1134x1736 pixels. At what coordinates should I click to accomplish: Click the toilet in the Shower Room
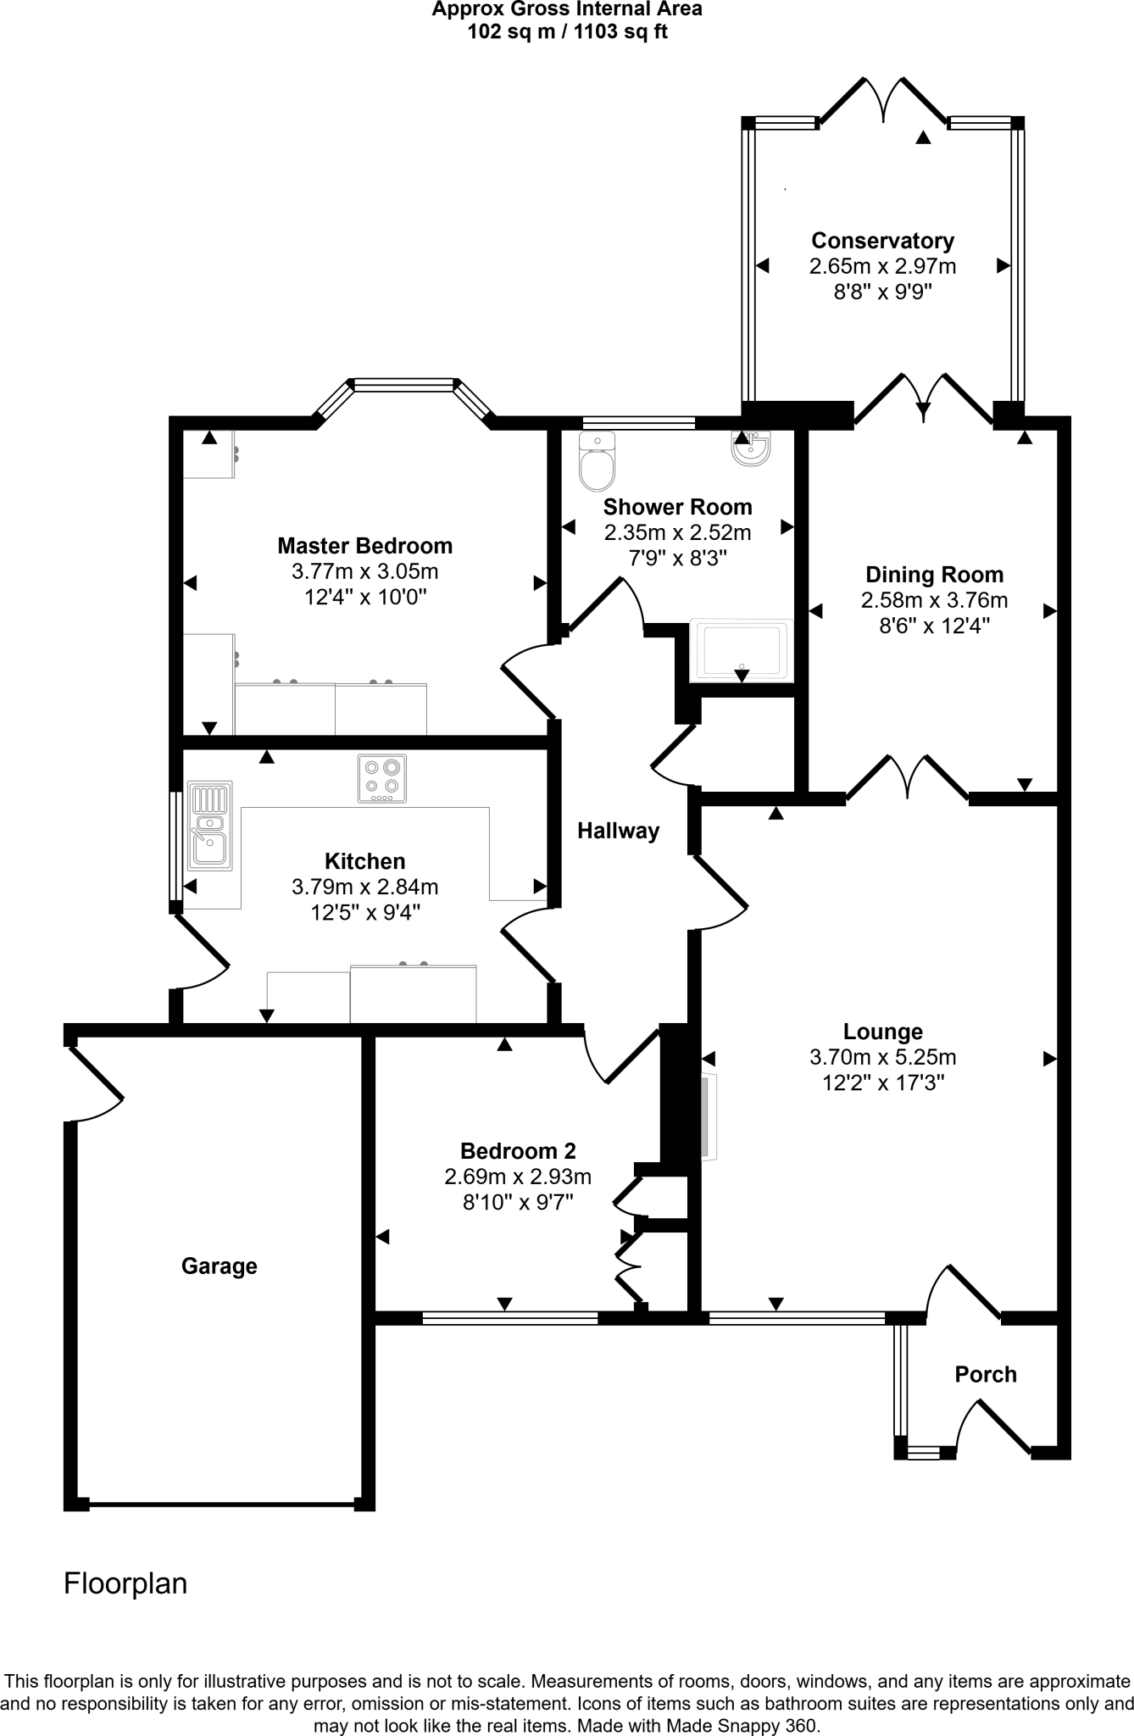(597, 462)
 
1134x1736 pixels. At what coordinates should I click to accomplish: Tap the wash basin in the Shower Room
(751, 449)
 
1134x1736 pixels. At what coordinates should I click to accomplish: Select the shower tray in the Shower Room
(742, 651)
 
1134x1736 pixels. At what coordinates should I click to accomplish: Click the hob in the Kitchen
(382, 778)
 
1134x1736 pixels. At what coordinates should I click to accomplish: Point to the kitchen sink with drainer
(209, 825)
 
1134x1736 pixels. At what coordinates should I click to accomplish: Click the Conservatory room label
(882, 241)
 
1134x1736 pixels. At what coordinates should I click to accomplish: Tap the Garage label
(219, 1266)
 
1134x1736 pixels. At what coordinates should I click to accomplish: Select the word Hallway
(618, 831)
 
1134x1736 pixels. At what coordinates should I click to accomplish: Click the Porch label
(985, 1374)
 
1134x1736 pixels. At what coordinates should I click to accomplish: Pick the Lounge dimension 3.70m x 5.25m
(882, 1057)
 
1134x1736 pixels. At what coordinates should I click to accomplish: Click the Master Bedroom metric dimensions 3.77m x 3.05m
(364, 571)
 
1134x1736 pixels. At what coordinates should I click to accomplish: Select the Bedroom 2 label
(518, 1151)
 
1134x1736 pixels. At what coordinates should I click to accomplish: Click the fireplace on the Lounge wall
(709, 1116)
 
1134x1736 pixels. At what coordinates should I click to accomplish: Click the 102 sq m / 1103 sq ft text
(567, 32)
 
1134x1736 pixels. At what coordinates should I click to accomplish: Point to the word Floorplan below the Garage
(125, 1583)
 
